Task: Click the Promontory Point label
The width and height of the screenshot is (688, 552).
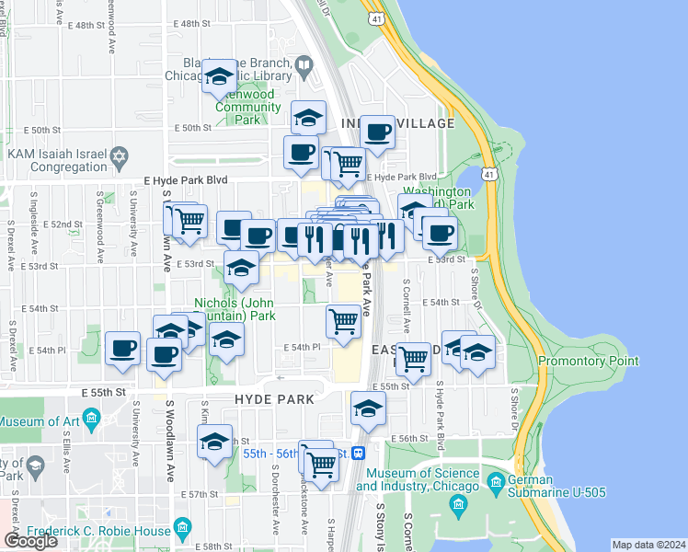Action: (x=588, y=362)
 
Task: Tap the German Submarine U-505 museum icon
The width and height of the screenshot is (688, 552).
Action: (x=497, y=481)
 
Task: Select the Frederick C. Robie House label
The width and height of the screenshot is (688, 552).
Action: (x=99, y=531)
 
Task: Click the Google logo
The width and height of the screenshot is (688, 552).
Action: (x=30, y=541)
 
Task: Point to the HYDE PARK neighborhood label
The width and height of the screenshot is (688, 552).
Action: (x=274, y=399)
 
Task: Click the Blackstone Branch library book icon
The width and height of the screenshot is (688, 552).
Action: (x=303, y=63)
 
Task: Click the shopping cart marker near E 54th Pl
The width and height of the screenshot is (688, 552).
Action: (x=343, y=322)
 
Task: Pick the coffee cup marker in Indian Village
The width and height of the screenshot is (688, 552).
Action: (x=377, y=132)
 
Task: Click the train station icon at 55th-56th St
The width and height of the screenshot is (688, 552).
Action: (x=359, y=453)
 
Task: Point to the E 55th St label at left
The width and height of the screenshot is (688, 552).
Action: (x=108, y=392)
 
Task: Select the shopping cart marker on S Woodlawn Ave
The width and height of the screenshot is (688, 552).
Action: (x=189, y=221)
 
